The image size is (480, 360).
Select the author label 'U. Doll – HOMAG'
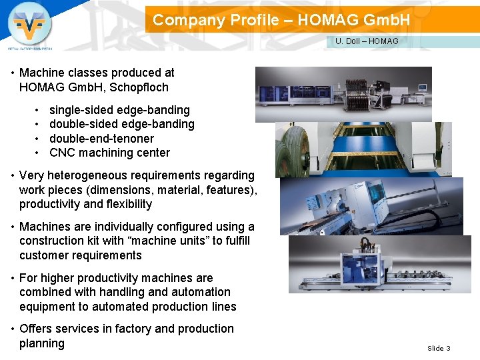[367, 41]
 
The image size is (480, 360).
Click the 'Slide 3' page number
[439, 348]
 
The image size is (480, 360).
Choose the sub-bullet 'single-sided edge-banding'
[119, 110]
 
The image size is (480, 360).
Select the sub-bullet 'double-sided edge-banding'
[122, 124]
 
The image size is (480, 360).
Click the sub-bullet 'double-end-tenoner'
[101, 139]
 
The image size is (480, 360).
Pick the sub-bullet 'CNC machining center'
[109, 153]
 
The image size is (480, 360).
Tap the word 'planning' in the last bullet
[42, 343]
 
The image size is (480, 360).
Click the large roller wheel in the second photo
[294, 149]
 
